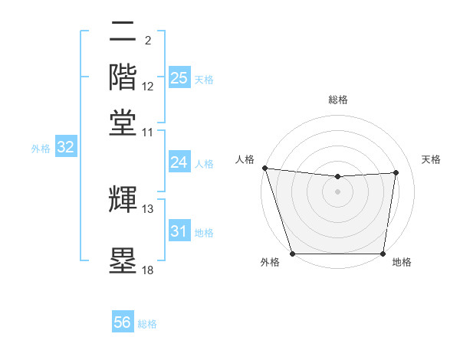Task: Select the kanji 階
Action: click(x=123, y=77)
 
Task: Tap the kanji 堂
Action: click(x=123, y=122)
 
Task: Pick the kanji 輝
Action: click(x=123, y=199)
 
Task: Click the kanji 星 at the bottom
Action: click(x=123, y=260)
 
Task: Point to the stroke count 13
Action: click(x=148, y=208)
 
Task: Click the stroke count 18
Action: click(x=148, y=270)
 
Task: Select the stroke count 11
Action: click(x=148, y=132)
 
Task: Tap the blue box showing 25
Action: click(x=179, y=77)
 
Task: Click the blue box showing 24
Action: click(x=179, y=162)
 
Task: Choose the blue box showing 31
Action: click(x=179, y=231)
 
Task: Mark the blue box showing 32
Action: click(x=65, y=147)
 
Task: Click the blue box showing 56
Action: click(x=122, y=322)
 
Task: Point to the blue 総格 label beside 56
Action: click(x=147, y=324)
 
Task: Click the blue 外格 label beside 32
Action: click(x=40, y=149)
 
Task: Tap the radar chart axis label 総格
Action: click(x=337, y=100)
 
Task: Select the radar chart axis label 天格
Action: click(x=431, y=159)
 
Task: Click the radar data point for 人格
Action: click(x=264, y=168)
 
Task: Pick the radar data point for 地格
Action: click(x=383, y=254)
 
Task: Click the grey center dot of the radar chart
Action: click(x=337, y=191)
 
